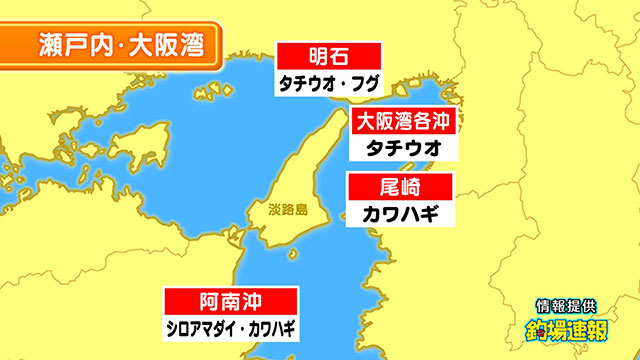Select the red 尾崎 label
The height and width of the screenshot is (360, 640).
point(400,187)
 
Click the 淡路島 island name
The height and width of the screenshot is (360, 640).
point(288,212)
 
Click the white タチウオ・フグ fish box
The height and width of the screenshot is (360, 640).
point(329,82)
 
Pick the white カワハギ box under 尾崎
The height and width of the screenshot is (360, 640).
point(400,212)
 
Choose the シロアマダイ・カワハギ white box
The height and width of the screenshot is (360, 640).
point(232,326)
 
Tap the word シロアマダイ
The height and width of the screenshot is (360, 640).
point(201,326)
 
